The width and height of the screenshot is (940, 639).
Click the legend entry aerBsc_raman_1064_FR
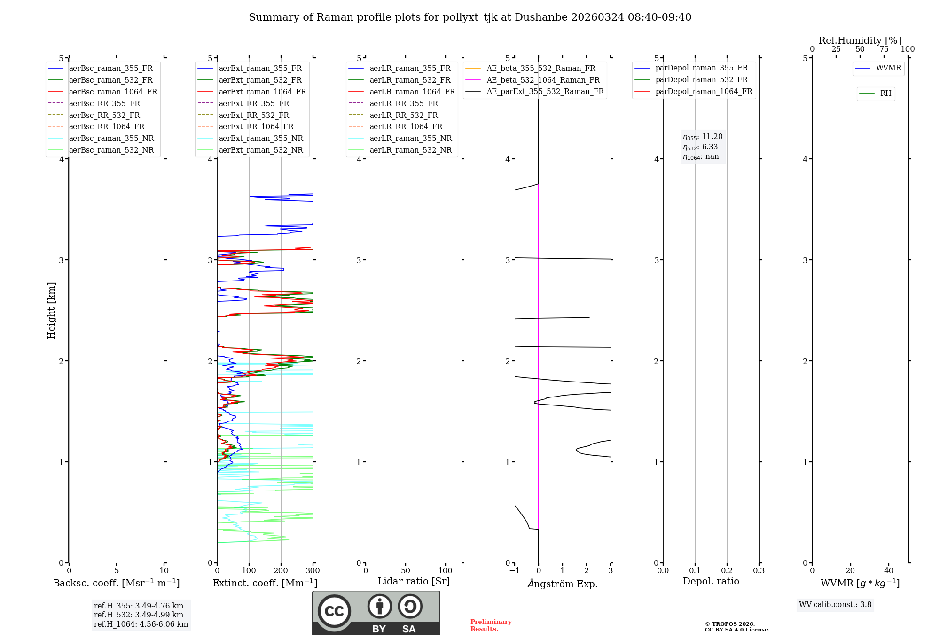pyautogui.click(x=113, y=92)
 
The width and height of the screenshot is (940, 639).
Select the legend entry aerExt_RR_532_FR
pyautogui.click(x=254, y=115)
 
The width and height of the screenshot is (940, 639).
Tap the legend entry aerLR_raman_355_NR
pyautogui.click(x=410, y=139)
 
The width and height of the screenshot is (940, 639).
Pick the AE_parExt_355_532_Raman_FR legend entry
pyautogui.click(x=545, y=92)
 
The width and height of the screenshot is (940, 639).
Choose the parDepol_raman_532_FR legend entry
pyautogui.click(x=701, y=80)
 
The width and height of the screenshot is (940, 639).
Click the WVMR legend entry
pyautogui.click(x=888, y=68)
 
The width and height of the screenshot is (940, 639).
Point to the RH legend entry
pyautogui.click(x=885, y=94)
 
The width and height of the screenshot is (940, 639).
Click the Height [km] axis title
pyautogui.click(x=51, y=311)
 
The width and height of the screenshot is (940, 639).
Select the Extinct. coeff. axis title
pyautogui.click(x=265, y=583)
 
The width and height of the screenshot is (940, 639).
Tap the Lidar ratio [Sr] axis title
pyautogui.click(x=413, y=581)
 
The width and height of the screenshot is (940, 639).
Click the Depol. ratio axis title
pyautogui.click(x=711, y=581)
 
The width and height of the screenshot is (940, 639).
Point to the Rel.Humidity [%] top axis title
pyautogui.click(x=860, y=40)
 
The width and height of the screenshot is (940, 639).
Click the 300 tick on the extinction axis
pyautogui.click(x=313, y=571)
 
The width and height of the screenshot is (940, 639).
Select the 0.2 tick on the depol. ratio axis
pyautogui.click(x=727, y=571)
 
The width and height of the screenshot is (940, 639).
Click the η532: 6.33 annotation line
pyautogui.click(x=700, y=147)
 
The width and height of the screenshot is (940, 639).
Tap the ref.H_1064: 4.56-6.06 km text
pyautogui.click(x=141, y=624)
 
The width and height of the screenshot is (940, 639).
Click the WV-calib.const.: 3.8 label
pyautogui.click(x=835, y=605)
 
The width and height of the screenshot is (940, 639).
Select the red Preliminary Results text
pyautogui.click(x=491, y=625)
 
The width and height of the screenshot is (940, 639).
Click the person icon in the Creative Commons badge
pyautogui.click(x=379, y=606)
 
